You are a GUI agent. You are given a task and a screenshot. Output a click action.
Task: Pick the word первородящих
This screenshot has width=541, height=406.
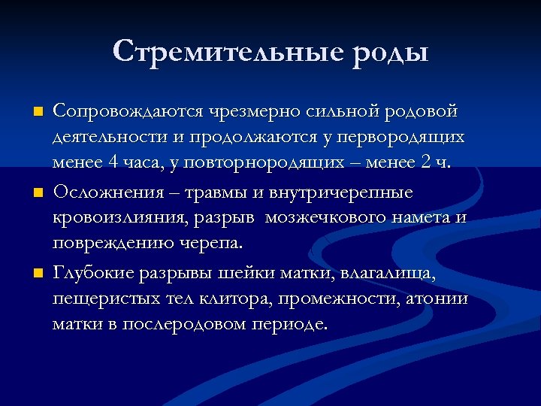400,139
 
